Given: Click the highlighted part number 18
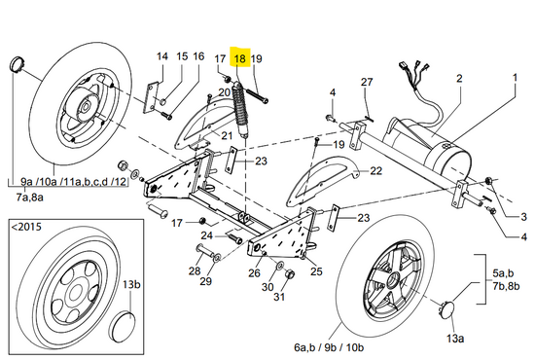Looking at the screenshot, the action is coord(240,58).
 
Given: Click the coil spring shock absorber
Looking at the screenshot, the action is coord(240,110).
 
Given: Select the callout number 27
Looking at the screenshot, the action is coord(367,82).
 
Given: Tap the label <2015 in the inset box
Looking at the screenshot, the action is coord(26,227).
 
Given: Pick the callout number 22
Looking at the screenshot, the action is coord(376,170).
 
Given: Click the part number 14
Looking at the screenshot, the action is coord(162,56).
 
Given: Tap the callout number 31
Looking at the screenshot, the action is coord(279,297).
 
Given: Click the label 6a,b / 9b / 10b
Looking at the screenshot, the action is coord(329,347).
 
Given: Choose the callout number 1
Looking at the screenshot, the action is coord(515,78).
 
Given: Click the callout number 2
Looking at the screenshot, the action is coord(459,78).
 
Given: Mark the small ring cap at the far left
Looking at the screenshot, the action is coord(16,64).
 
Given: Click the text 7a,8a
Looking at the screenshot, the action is coord(30,198).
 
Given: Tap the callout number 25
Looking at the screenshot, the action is coord(316,271).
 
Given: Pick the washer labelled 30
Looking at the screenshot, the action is coord(280,265).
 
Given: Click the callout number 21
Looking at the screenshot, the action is coord(227,136).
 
